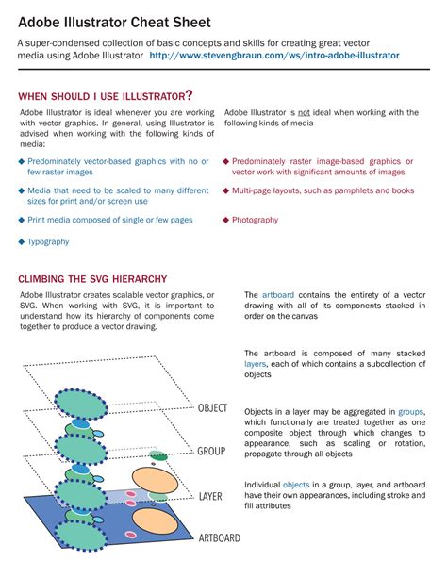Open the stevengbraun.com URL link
[x=273, y=56]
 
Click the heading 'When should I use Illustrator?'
[x=106, y=95]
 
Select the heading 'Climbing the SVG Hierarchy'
[x=92, y=279]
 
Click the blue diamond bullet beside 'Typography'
[x=22, y=241]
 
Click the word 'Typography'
[x=49, y=241]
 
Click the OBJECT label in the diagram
[x=212, y=408]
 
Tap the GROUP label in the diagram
[x=210, y=452]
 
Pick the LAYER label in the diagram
[x=210, y=495]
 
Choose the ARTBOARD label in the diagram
[x=219, y=538]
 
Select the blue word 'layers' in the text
[x=256, y=363]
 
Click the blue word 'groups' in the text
[x=411, y=412]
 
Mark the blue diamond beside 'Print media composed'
[x=22, y=220]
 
